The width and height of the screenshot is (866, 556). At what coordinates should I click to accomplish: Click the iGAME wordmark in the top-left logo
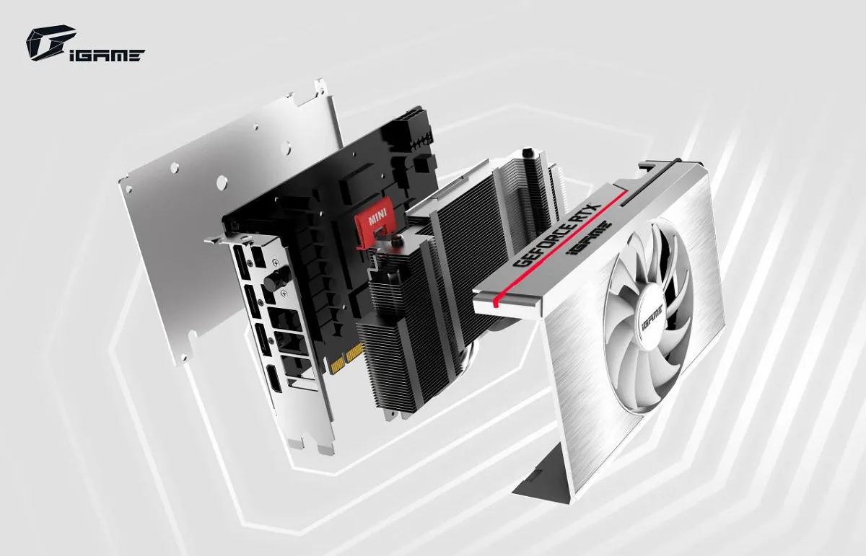(107, 56)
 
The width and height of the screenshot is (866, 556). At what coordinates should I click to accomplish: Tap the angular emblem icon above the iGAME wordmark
(51, 43)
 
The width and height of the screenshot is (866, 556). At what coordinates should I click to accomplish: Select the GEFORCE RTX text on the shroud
(557, 235)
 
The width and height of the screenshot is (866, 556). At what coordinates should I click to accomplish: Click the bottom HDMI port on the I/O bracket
(274, 379)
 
